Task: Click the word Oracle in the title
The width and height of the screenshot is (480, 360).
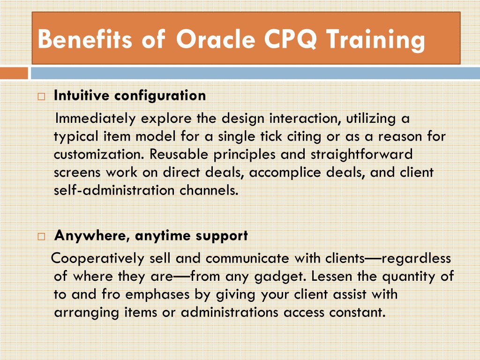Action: [216, 39]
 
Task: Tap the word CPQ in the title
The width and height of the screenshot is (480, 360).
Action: [290, 39]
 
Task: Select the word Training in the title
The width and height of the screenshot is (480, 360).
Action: [375, 40]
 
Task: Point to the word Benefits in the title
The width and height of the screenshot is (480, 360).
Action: [85, 39]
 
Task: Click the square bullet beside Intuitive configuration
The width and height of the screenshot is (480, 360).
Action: [41, 97]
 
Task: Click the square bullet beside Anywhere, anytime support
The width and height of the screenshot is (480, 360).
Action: [41, 236]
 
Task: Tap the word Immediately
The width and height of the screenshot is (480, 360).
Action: [95, 119]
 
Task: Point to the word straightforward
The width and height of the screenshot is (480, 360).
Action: [361, 155]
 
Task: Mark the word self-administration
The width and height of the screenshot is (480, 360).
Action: [114, 190]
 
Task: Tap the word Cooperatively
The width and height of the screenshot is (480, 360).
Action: [97, 259]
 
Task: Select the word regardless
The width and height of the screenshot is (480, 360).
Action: [416, 259]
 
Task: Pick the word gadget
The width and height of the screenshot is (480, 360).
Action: [280, 277]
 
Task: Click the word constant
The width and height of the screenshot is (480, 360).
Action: [357, 312]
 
